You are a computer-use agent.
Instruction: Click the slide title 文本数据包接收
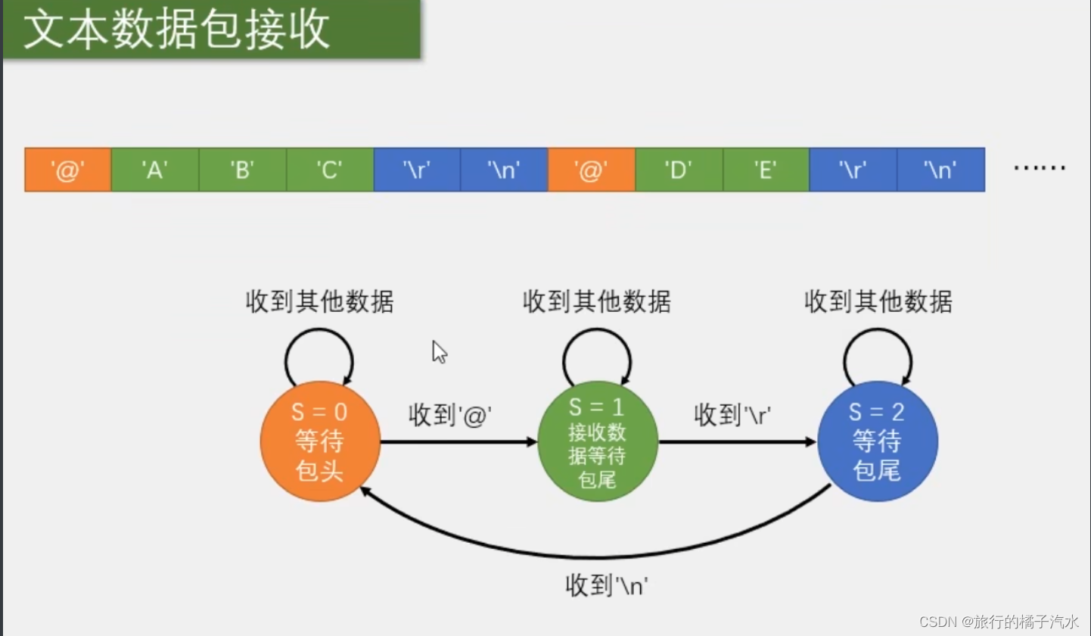(x=176, y=30)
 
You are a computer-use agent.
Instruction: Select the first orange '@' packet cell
(x=68, y=170)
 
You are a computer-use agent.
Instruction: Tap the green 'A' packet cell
(x=154, y=170)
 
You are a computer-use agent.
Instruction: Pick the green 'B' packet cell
(x=242, y=170)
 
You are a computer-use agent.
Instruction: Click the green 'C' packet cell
(x=329, y=170)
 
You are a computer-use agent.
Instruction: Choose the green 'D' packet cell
(x=679, y=170)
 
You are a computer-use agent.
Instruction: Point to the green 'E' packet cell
(x=766, y=170)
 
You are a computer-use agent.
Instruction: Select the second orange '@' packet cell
(x=591, y=170)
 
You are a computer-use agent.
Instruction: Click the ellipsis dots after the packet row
(x=1039, y=169)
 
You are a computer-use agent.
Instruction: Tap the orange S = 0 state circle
(x=320, y=441)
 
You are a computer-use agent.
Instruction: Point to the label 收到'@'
(x=450, y=415)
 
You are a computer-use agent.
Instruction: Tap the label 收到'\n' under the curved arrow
(x=607, y=585)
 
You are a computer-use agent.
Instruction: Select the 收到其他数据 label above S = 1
(x=596, y=302)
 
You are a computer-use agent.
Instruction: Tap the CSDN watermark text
(x=999, y=621)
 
